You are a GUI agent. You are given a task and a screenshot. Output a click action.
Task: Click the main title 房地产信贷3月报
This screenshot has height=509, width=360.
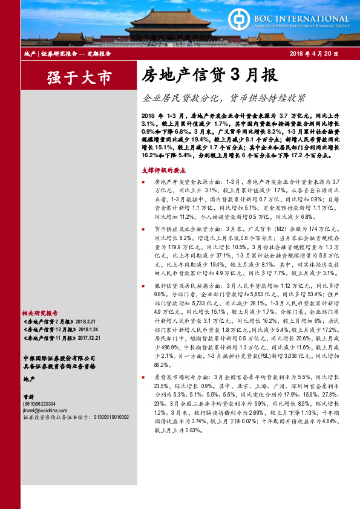pos(209,75)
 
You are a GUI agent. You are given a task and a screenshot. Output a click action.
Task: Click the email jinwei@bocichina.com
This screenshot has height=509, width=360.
pos(46,410)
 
